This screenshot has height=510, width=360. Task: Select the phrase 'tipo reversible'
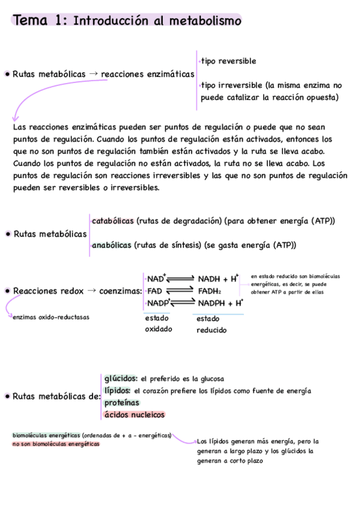point(228,61)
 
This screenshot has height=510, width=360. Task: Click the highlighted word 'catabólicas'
point(113,221)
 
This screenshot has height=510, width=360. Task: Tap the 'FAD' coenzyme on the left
point(155,290)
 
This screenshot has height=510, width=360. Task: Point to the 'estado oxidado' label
point(158,324)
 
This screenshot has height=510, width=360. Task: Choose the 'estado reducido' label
point(210,324)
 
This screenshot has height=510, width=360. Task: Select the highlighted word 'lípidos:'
point(117,390)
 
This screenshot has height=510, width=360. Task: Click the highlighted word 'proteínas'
point(121,402)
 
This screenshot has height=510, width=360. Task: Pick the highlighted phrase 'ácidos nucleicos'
point(135,414)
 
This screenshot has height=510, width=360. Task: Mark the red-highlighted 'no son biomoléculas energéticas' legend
point(56,444)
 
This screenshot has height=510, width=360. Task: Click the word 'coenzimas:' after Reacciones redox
point(121,291)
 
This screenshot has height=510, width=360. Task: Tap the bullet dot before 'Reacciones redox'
point(7,291)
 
